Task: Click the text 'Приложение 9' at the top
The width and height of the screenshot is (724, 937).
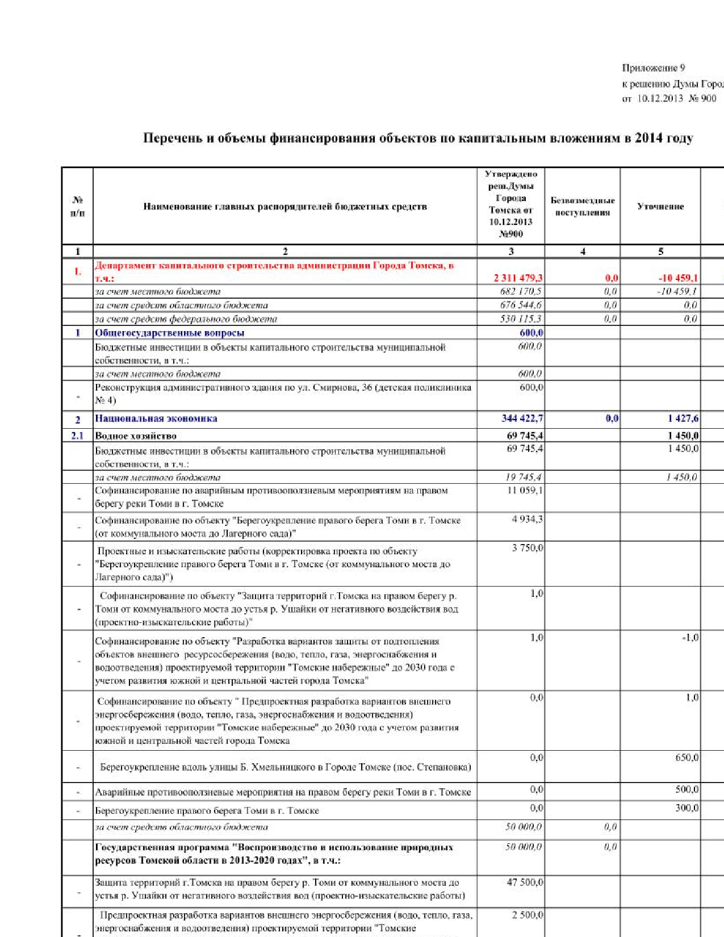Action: pos(653,68)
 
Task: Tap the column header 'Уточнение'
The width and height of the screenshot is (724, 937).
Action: pos(660,207)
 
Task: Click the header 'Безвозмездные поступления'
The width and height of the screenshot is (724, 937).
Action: pos(583,206)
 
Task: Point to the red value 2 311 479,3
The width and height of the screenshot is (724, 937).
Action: pos(518,278)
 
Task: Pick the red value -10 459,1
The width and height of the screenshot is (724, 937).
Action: pos(678,278)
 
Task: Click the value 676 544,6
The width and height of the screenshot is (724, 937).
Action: pos(521,306)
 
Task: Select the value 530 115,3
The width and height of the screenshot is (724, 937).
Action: pos(521,319)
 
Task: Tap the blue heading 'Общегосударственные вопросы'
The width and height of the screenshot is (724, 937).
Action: pos(169,333)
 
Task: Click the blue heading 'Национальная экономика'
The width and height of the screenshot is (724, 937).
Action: pos(156,419)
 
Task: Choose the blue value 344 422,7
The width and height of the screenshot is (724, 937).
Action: pos(522,419)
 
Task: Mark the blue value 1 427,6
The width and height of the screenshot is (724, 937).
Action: pos(683,419)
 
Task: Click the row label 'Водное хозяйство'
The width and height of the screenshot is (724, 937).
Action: pos(136,436)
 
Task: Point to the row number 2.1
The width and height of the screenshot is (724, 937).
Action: pos(77,436)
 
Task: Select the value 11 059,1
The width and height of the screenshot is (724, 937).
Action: pos(525,491)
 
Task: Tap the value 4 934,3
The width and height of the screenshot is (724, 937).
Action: pos(527,519)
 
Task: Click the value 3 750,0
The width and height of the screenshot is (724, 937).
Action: pos(527,548)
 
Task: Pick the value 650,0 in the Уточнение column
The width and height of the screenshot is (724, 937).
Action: pos(687,758)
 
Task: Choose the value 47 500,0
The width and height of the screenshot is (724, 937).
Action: pos(525,882)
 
